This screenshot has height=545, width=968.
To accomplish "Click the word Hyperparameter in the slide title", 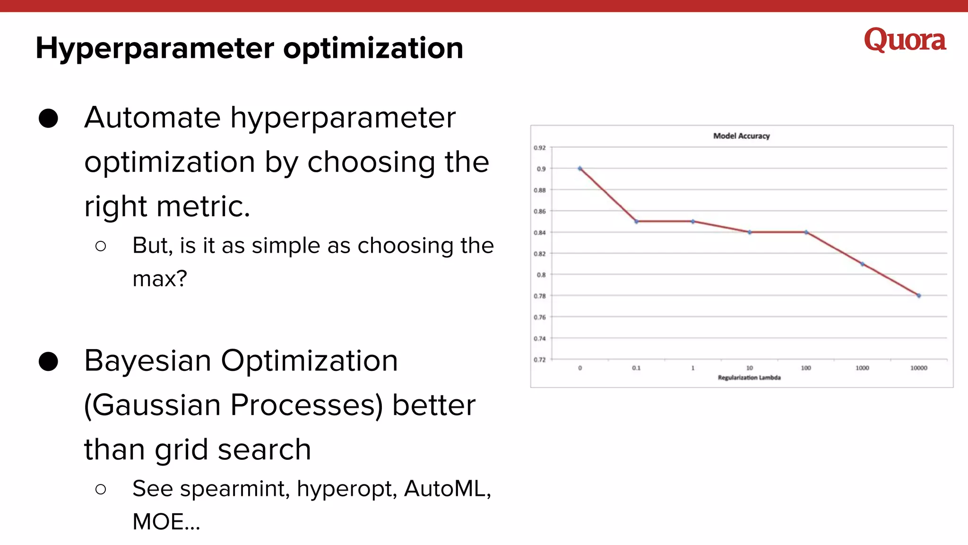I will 155,48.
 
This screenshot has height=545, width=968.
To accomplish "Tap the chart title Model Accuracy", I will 741,136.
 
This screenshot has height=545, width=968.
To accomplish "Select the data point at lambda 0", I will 580,168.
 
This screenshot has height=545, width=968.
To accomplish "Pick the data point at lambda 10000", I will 919,296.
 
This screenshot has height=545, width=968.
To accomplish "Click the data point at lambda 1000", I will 862,264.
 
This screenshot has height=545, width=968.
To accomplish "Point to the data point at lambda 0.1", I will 636,221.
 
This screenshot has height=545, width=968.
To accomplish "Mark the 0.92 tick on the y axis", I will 540,148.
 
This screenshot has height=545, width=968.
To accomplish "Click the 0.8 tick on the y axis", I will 541,274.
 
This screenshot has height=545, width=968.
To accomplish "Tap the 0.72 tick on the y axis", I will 540,360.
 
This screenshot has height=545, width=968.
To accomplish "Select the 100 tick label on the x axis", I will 806,368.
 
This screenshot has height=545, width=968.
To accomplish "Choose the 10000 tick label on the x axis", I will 919,368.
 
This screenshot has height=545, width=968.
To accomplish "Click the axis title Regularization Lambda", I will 749,378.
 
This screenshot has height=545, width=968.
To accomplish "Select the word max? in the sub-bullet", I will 160,278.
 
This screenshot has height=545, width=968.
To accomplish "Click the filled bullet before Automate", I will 48,118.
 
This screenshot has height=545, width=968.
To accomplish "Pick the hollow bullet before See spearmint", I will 100,489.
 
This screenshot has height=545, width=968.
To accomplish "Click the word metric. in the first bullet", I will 203,206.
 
